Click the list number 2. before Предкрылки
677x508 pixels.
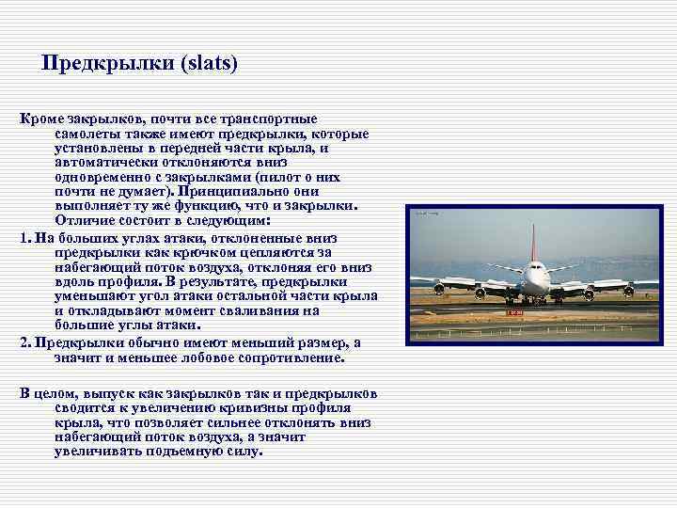coord(25,342)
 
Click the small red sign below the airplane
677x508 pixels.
coord(513,310)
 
